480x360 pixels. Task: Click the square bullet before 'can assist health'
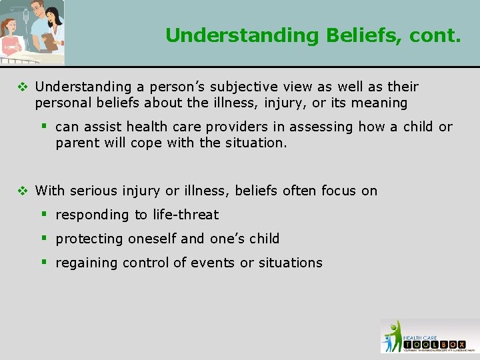click(45, 127)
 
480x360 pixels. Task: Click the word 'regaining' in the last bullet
click(83, 263)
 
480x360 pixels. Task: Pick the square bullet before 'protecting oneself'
click(45, 239)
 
